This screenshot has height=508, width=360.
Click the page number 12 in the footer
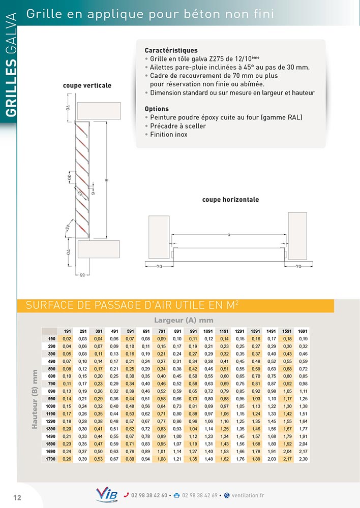[17, 497]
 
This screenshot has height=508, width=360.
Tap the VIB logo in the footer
[106, 495]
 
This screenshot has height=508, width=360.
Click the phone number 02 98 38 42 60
[149, 496]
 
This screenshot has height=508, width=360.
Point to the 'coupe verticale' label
[87, 85]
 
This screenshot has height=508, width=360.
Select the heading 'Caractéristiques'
[171, 51]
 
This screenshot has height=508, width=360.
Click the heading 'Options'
[157, 109]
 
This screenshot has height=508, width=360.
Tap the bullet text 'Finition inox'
[169, 135]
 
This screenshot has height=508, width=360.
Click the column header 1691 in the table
[303, 331]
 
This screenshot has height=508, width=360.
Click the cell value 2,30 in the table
[303, 459]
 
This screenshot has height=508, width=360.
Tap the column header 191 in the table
[67, 331]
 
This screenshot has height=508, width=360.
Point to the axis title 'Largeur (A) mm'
[184, 320]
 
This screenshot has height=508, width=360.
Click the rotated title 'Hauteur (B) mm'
[35, 399]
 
